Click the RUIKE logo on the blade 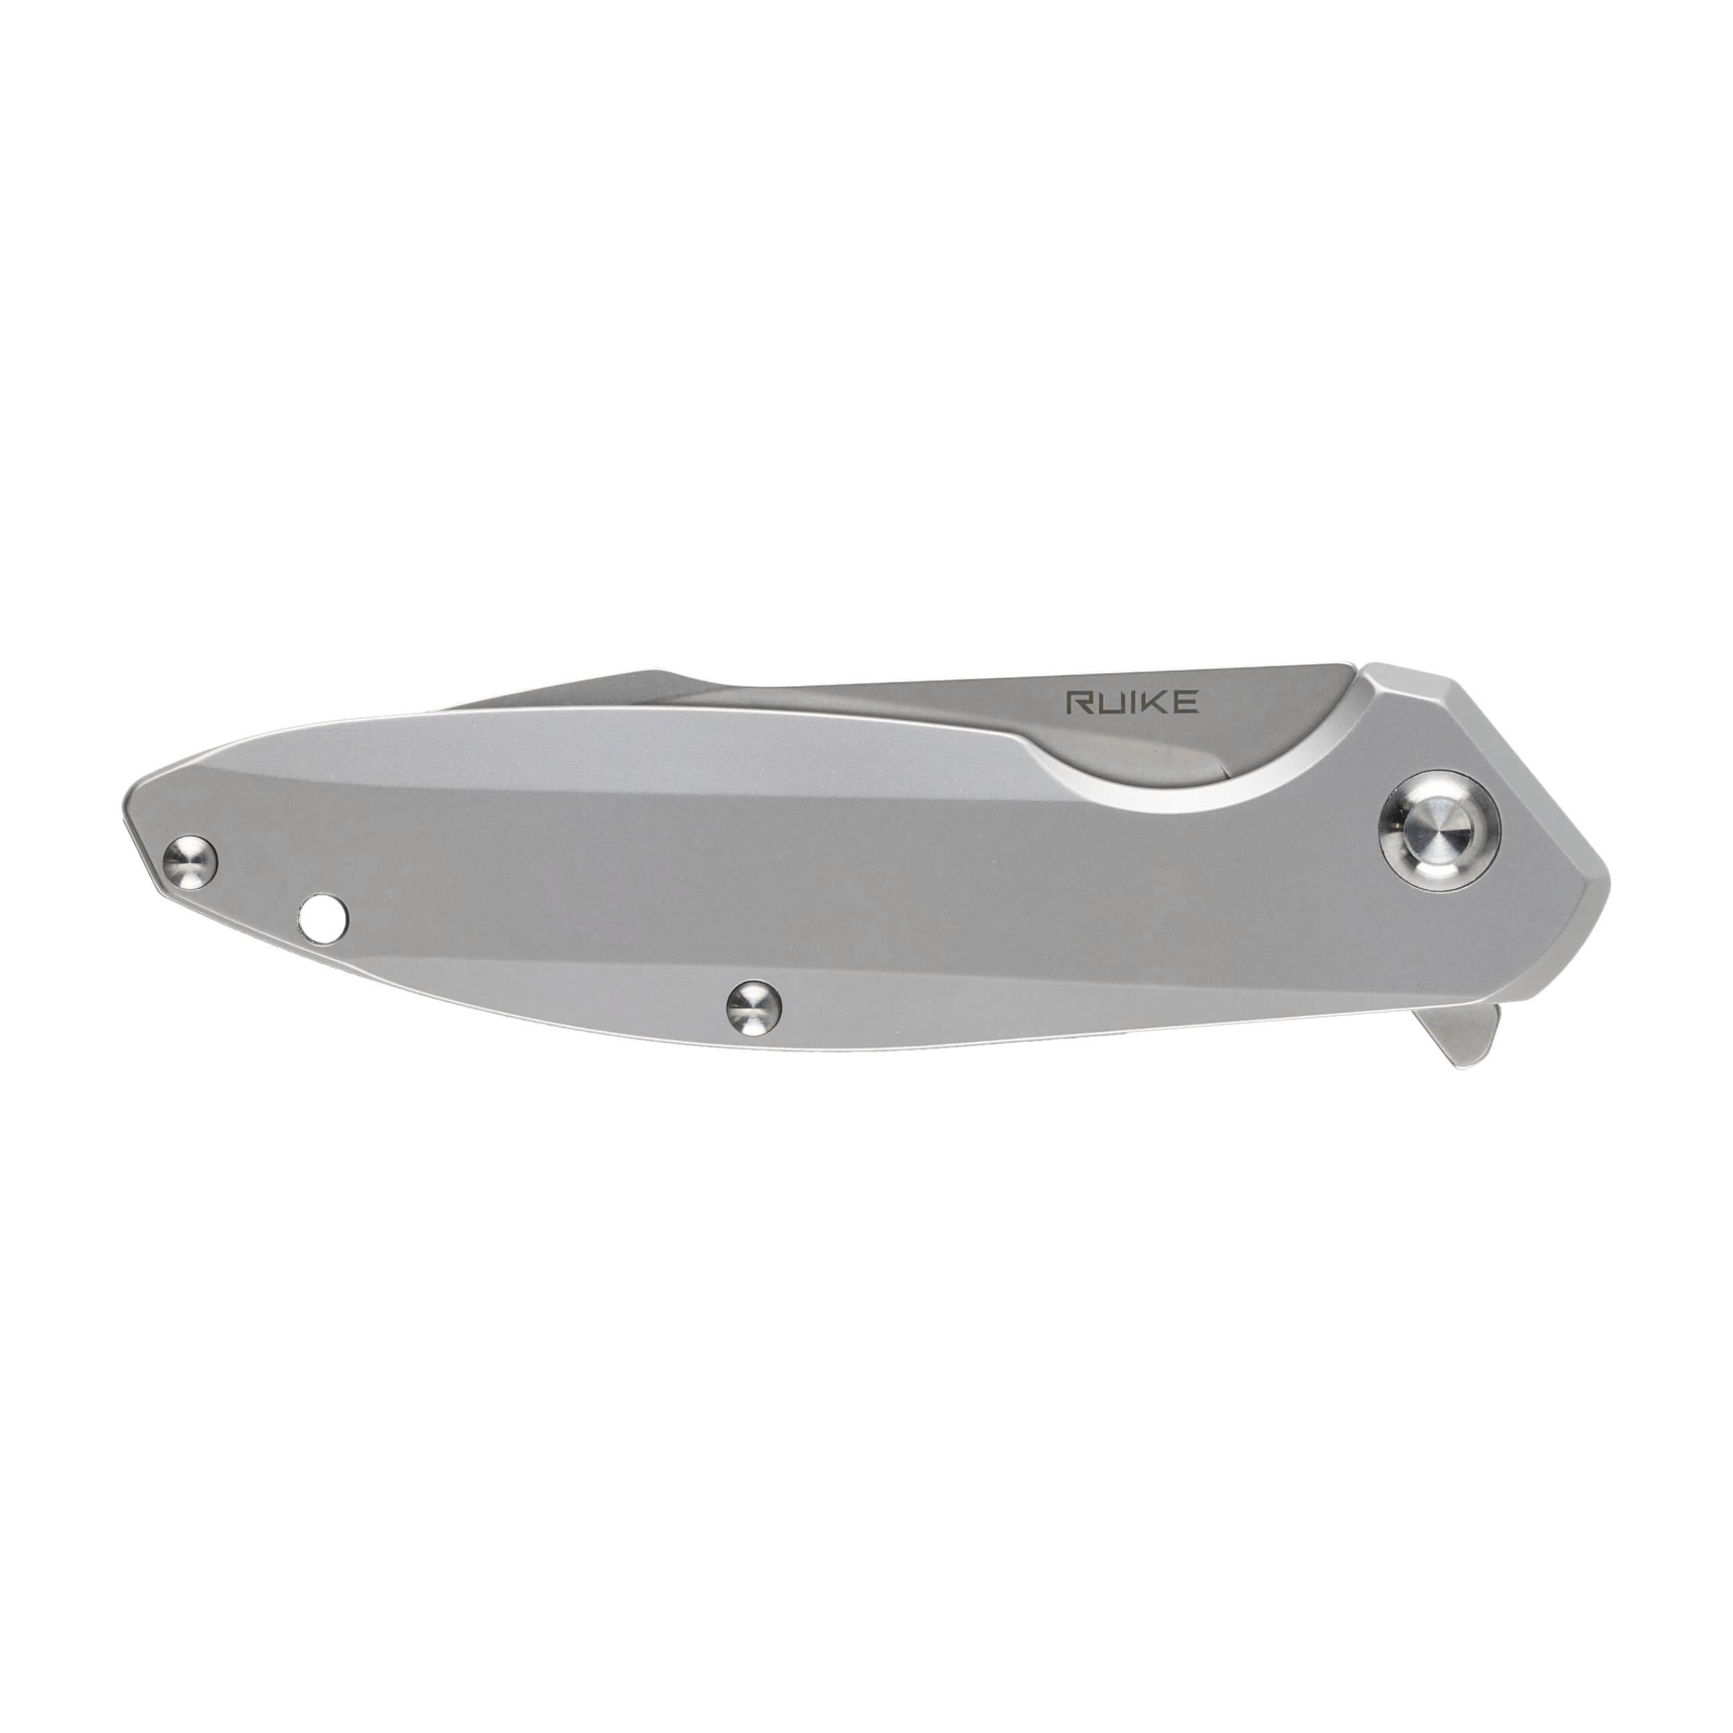pos(1131,702)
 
